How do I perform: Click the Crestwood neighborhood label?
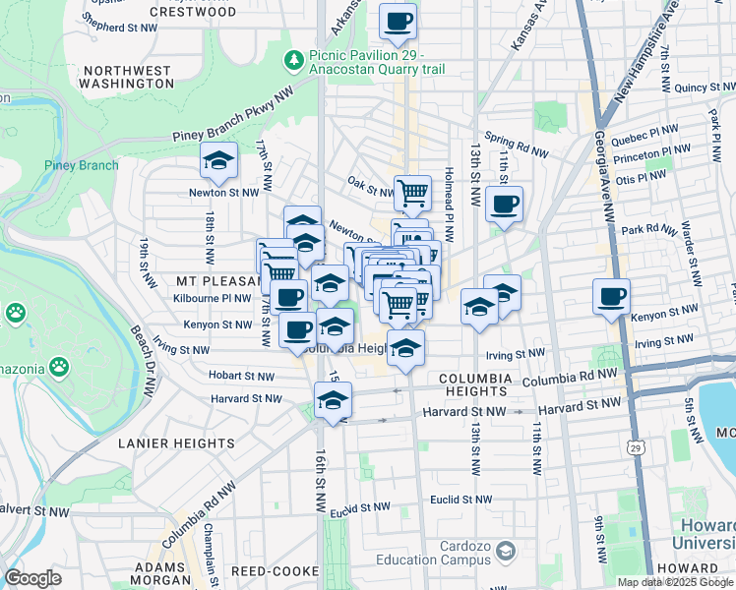click(193, 13)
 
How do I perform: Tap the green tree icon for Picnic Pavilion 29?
click(293, 61)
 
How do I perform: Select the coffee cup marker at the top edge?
click(398, 22)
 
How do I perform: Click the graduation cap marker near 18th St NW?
click(218, 159)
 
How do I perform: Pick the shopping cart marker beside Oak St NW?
click(413, 193)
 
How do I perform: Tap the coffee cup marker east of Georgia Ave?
click(611, 296)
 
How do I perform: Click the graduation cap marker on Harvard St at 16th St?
click(333, 400)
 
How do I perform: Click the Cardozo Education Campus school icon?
click(506, 549)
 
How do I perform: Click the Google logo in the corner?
click(32, 578)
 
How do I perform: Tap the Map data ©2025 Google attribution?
click(674, 582)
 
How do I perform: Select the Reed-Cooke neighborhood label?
click(275, 571)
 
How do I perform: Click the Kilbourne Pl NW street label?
click(210, 297)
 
